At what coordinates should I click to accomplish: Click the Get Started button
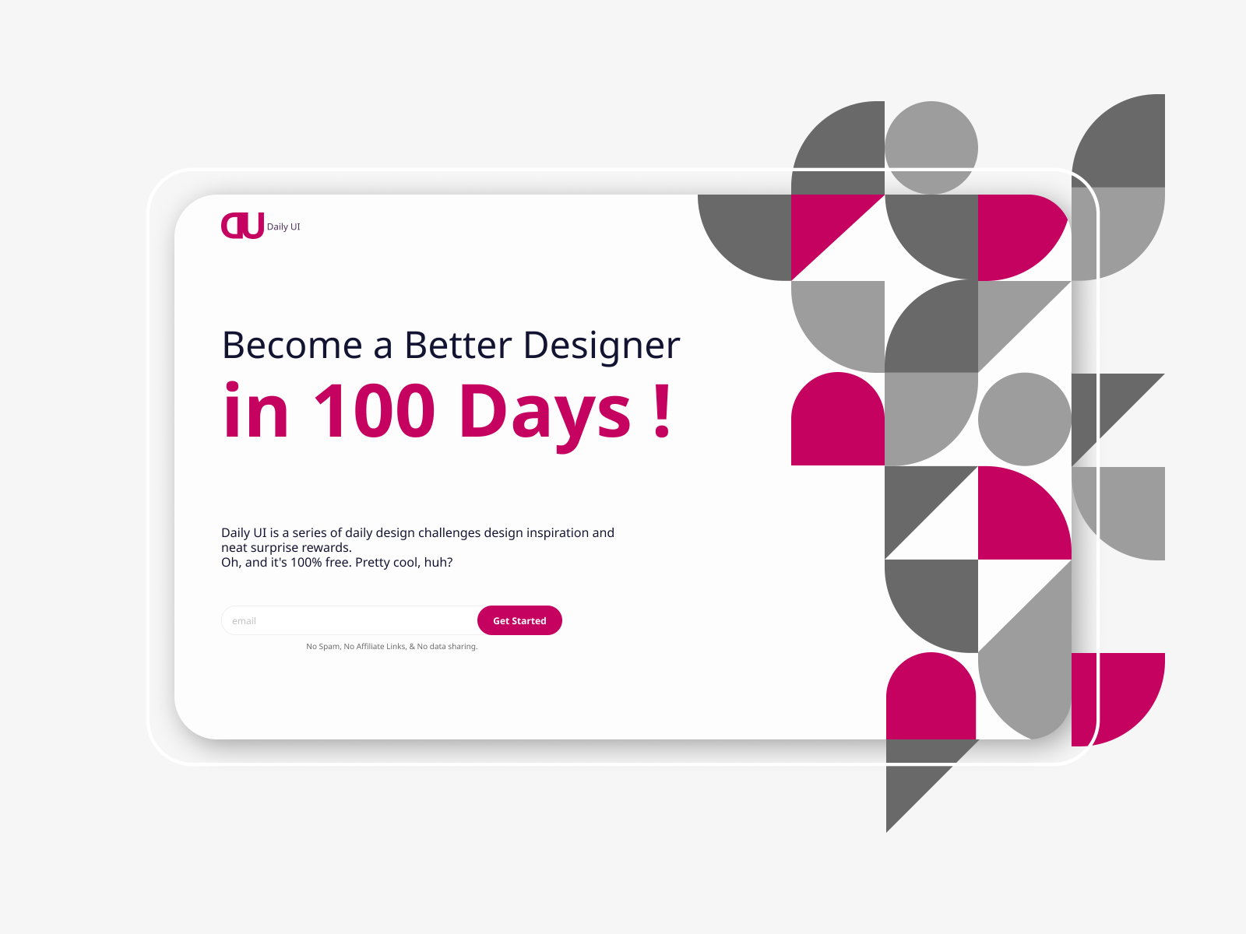coord(519,620)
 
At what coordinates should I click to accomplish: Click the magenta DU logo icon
coord(242,226)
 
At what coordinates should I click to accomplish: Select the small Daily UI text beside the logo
coord(283,226)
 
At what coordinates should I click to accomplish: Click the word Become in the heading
coord(292,346)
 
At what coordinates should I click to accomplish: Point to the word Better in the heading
coord(458,346)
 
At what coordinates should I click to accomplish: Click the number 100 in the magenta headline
coord(374,411)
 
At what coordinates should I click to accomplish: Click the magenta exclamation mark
coord(662,411)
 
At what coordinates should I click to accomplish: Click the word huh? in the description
coord(438,563)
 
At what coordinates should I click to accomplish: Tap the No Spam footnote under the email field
coord(392,647)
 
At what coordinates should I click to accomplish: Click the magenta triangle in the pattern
coord(822,226)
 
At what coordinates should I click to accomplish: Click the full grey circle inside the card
coord(1025,420)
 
